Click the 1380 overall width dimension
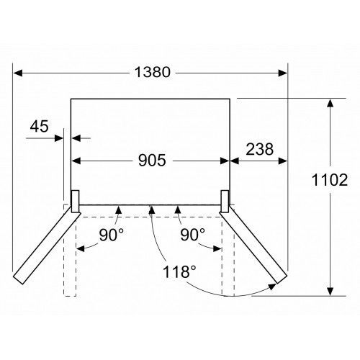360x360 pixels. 153,72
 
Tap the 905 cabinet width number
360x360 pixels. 152,161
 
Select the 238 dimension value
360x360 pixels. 260,149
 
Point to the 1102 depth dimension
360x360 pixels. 330,180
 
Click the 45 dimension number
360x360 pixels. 39,126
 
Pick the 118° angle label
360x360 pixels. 179,272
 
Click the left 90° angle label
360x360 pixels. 112,235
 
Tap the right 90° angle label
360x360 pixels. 193,235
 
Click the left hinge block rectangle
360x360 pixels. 75,202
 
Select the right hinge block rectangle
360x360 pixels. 225,202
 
